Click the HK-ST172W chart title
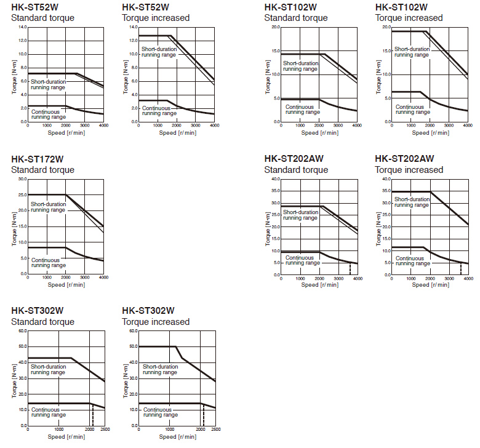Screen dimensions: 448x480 coord(37,159)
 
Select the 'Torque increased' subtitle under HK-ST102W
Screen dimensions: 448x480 coord(409,18)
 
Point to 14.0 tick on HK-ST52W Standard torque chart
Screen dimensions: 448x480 coord(23,27)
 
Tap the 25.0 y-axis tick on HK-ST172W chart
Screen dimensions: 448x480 coord(23,195)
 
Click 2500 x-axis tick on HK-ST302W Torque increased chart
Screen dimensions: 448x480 coord(214,430)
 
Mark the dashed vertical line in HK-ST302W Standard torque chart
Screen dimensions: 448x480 coord(92,415)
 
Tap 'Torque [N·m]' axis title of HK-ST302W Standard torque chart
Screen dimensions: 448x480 coord(15,378)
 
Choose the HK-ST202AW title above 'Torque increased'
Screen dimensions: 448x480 coord(404,159)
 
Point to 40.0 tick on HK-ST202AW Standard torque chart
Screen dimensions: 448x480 coord(275,179)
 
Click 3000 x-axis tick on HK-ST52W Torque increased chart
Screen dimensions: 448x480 coord(195,126)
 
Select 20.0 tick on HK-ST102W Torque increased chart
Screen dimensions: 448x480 coord(386,27)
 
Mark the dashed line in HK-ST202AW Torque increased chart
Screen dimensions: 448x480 coord(461,268)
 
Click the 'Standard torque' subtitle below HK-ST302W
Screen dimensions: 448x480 coord(42,322)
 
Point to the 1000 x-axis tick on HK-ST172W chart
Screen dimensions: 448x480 coord(47,278)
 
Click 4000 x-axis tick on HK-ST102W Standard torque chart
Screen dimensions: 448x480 coord(356,126)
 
